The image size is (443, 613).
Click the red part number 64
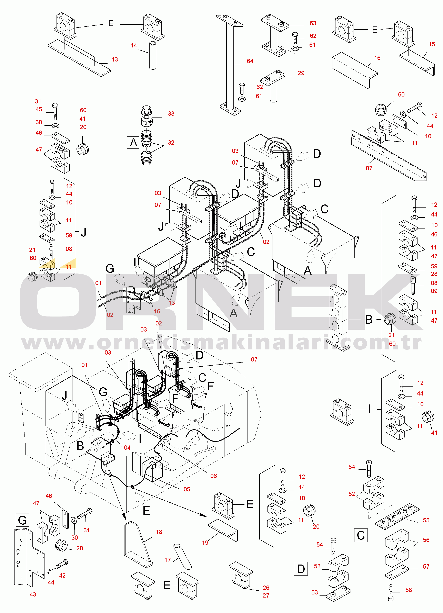[x=250, y=61]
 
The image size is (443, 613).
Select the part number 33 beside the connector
[x=171, y=113]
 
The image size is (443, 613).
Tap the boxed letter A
[x=133, y=142]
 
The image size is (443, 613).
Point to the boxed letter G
[x=22, y=520]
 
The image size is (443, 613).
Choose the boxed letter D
[x=301, y=569]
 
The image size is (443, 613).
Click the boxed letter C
[x=361, y=535]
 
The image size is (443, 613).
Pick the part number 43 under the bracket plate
[x=33, y=594]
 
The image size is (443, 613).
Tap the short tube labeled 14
[x=153, y=55]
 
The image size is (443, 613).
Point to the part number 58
[x=408, y=590]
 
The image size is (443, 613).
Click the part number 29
[x=301, y=73]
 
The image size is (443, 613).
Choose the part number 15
[x=432, y=44]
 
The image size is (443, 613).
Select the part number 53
[x=314, y=592]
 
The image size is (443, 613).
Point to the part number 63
[x=313, y=23]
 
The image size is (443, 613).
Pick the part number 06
[x=213, y=476]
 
